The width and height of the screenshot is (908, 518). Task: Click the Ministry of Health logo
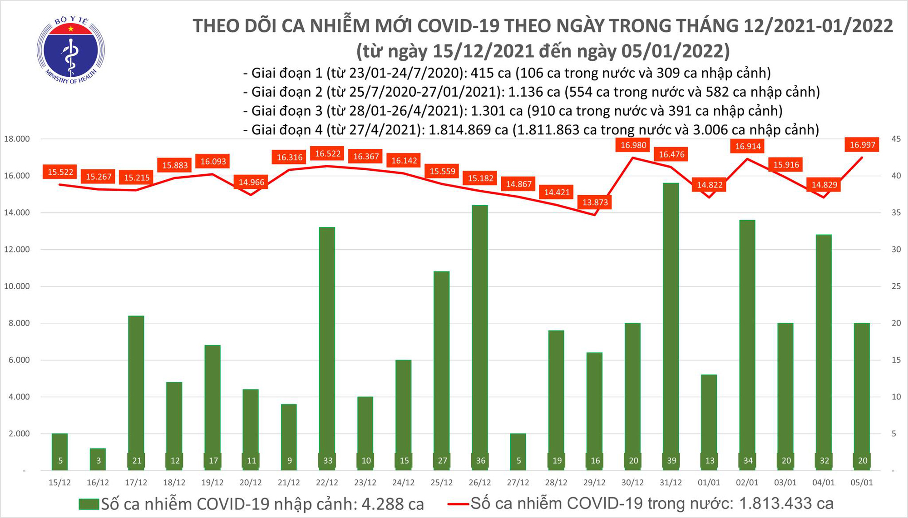[70, 50]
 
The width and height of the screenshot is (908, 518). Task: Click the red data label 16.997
[863, 145]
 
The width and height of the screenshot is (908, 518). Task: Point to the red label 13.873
[595, 202]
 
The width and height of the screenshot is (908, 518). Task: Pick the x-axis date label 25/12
[441, 483]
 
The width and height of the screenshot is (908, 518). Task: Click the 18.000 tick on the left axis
[17, 139]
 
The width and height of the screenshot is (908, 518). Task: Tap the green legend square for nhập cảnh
[89, 504]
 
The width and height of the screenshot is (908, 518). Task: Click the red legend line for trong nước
[458, 504]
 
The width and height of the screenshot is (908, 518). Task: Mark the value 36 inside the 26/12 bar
[480, 460]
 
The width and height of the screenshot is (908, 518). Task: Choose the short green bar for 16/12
[99, 459]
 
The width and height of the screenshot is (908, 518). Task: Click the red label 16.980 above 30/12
[633, 145]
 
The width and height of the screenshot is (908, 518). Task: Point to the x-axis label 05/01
[861, 483]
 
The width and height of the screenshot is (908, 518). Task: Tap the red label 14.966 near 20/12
[251, 182]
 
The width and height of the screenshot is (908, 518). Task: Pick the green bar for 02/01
[747, 345]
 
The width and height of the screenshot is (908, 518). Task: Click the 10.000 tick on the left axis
[17, 286]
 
